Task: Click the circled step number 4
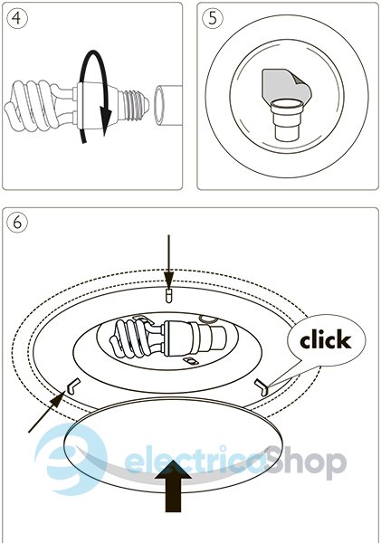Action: tap(16, 18)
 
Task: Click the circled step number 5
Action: tap(213, 18)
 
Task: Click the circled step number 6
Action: tap(16, 223)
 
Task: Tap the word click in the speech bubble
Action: tap(326, 340)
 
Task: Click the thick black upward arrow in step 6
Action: tap(173, 486)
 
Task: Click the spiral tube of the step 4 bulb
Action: tap(31, 105)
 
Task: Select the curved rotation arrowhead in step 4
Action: tap(106, 117)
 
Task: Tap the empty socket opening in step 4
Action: tap(159, 105)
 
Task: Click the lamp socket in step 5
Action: tap(287, 119)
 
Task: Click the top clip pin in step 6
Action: tap(168, 296)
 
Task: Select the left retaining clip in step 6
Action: tap(74, 386)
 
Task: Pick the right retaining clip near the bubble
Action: tap(262, 387)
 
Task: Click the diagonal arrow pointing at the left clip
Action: tap(47, 412)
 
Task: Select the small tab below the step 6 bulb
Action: tap(191, 361)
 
